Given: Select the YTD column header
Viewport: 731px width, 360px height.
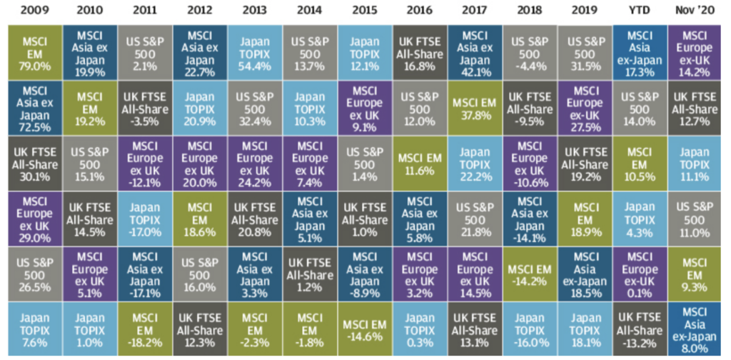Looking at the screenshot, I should [640, 11].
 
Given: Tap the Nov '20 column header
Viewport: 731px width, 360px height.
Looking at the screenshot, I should [695, 11].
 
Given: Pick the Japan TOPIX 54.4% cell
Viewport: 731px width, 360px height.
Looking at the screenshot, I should [254, 51].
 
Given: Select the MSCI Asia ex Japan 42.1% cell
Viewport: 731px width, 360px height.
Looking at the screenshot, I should [475, 51].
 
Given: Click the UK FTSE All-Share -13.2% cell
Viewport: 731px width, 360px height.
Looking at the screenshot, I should [640, 329].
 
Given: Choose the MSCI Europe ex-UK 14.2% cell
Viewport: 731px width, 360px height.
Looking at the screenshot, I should [695, 51].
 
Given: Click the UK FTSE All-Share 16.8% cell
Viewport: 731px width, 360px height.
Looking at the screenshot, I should [420, 51].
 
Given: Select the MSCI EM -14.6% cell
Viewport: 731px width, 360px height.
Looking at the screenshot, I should [364, 329].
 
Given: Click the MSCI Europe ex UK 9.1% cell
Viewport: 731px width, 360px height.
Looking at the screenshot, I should [364, 106].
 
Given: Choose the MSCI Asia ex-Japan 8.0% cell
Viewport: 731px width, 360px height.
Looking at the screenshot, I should [695, 329].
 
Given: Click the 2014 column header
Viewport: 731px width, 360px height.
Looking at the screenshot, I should [309, 11].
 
